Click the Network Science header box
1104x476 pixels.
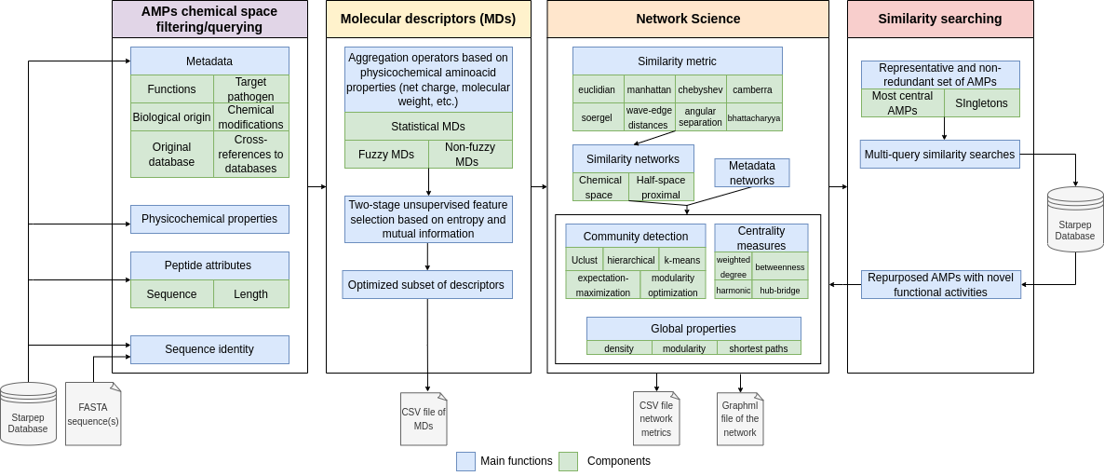(x=688, y=19)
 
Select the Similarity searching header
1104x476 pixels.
(x=940, y=19)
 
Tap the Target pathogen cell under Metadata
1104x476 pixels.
(x=251, y=88)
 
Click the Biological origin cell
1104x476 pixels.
(x=172, y=116)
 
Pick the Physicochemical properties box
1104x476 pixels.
(x=209, y=219)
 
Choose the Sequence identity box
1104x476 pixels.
(x=209, y=349)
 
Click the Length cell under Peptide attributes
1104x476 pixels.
(x=251, y=293)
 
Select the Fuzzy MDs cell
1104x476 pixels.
(x=386, y=155)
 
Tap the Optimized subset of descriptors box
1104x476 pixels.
(x=426, y=285)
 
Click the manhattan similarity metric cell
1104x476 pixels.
(x=649, y=89)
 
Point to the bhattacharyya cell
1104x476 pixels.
(x=754, y=117)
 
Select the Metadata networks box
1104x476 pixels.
(x=752, y=172)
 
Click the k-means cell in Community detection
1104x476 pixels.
(x=682, y=260)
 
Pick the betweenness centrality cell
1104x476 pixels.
(x=780, y=266)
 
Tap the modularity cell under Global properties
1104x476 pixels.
(x=684, y=348)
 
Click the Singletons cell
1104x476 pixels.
(x=982, y=103)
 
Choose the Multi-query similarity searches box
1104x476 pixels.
(x=940, y=155)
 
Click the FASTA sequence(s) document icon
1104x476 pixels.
(x=93, y=415)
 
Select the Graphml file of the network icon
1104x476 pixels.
(x=740, y=419)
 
